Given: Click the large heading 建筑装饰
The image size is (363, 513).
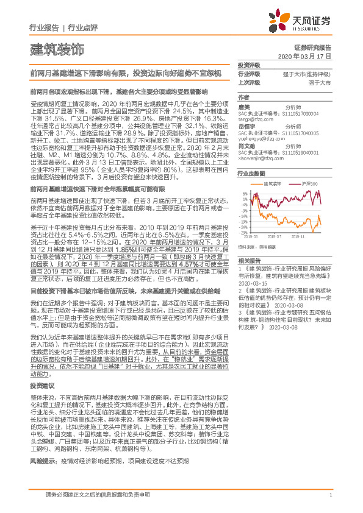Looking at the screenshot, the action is pyautogui.click(x=57, y=48).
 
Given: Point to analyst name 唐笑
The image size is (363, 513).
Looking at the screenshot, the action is pyautogui.click(x=244, y=105).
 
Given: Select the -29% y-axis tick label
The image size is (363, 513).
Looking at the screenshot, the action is pyautogui.click(x=243, y=233).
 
